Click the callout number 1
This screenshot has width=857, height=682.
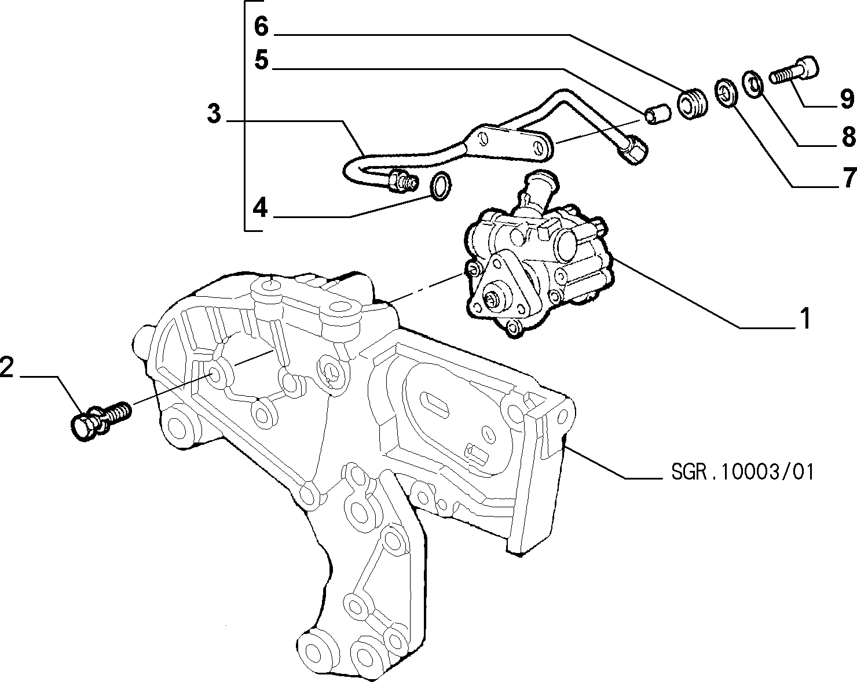805,319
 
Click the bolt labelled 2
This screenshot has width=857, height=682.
101,421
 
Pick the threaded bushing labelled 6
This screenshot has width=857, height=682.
693,103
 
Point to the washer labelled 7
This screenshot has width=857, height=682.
726,93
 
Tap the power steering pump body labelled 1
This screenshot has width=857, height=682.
540,264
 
